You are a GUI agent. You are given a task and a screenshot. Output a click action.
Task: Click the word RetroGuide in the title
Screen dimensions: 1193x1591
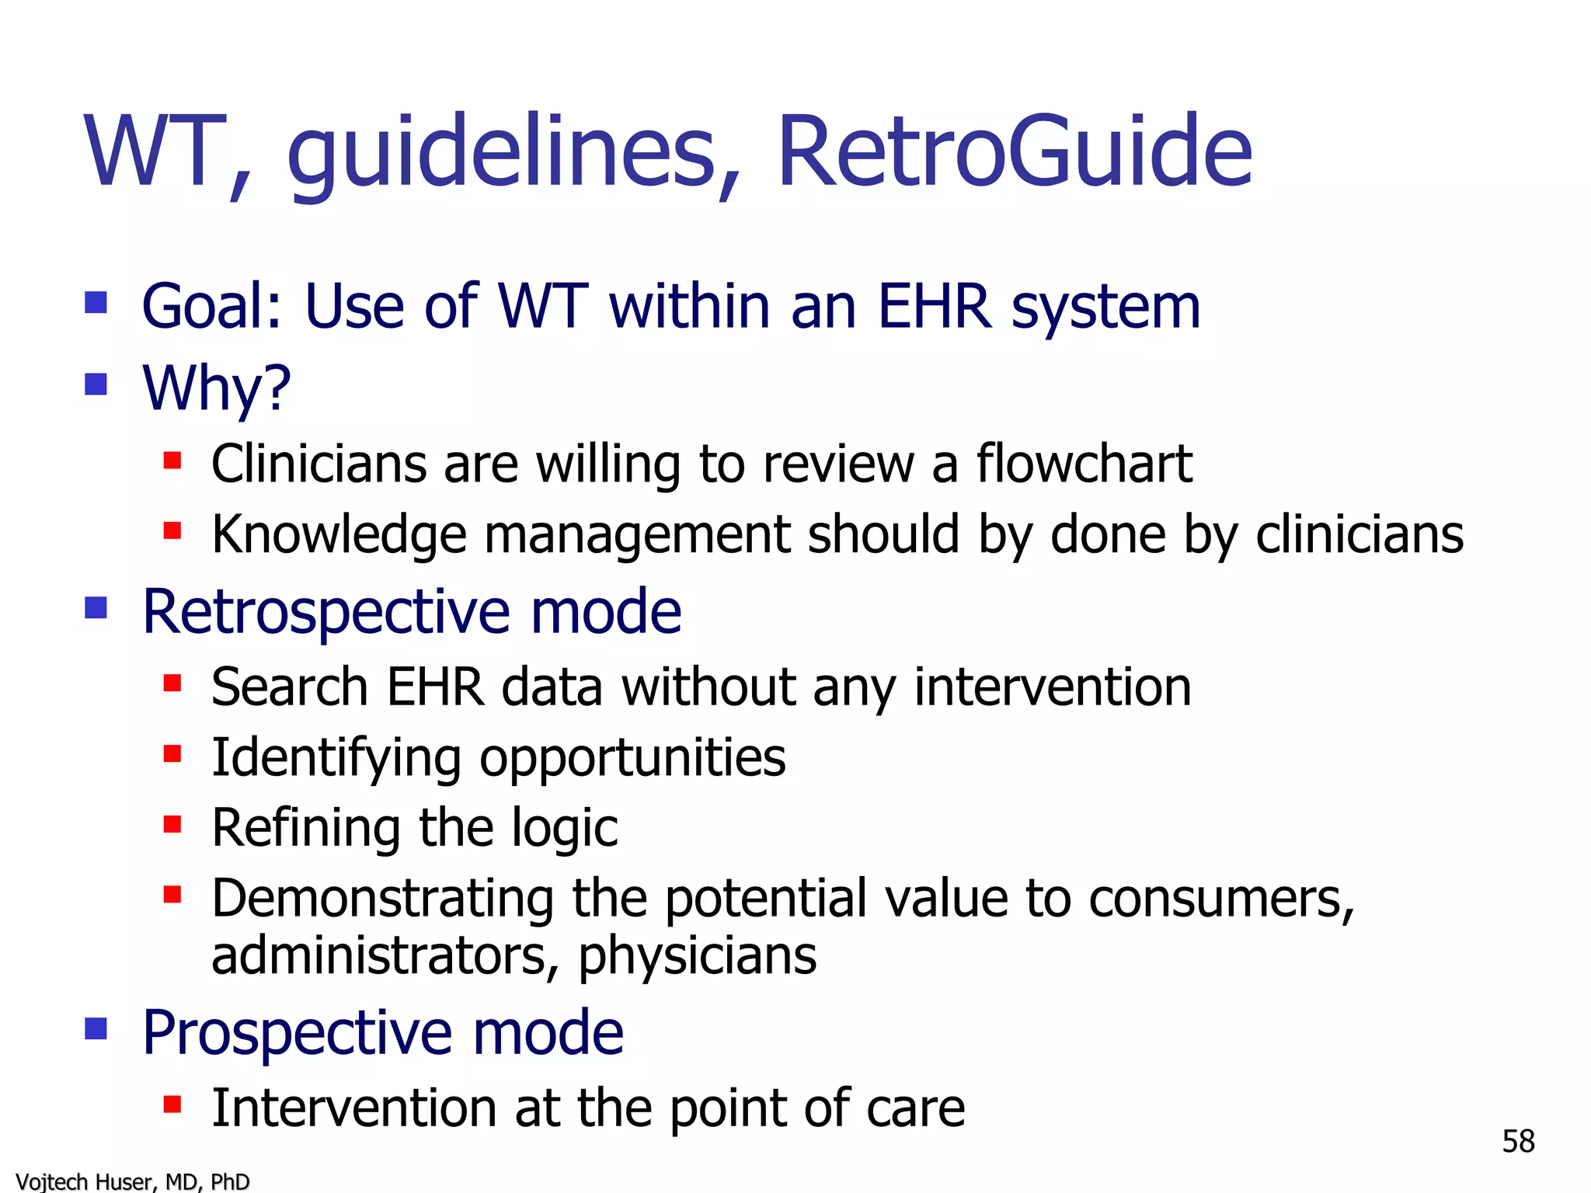point(1014,151)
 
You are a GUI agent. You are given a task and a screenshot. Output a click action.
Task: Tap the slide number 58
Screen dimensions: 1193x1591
point(1518,1141)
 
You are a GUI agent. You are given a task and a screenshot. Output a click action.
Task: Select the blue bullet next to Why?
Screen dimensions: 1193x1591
point(96,384)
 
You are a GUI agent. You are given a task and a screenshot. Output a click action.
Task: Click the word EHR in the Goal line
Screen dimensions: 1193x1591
point(935,306)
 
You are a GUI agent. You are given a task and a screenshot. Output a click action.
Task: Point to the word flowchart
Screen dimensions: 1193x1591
point(1084,464)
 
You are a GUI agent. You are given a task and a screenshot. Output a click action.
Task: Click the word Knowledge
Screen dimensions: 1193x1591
point(339,535)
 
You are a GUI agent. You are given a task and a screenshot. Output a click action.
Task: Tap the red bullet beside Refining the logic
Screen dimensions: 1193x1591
point(172,823)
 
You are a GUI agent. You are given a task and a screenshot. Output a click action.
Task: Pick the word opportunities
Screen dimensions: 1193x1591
point(632,758)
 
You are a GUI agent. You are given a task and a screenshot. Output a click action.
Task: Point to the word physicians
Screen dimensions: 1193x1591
point(697,955)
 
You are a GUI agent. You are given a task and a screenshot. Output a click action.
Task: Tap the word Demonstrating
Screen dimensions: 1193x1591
point(382,899)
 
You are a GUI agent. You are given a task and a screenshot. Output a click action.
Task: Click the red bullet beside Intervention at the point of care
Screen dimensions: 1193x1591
point(172,1104)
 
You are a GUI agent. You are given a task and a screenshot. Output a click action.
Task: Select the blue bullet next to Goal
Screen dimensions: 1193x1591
point(96,302)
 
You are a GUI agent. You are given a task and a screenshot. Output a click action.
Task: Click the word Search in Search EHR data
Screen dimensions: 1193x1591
point(289,687)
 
